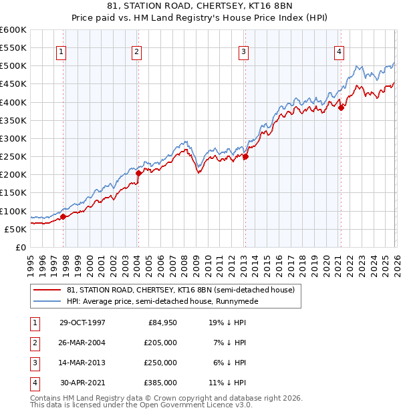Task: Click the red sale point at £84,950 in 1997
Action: pos(63,216)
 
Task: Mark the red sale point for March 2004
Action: pos(138,173)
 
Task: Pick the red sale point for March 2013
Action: pos(245,157)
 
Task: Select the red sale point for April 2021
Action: pos(341,108)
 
